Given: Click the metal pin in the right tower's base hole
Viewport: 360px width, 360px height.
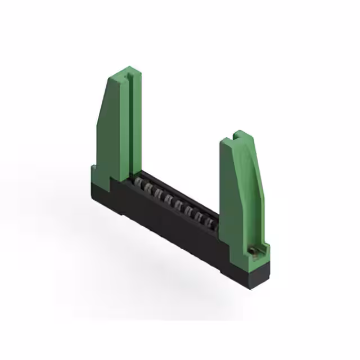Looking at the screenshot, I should pyautogui.click(x=254, y=251).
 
